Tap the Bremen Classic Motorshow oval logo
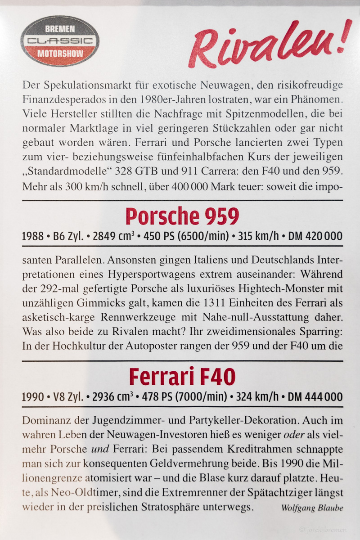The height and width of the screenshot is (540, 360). [60, 41]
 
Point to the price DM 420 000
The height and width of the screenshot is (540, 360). [315, 236]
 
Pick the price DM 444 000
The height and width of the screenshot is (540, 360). [315, 397]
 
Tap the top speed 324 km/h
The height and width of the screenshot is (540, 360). [259, 397]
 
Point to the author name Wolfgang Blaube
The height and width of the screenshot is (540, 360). [312, 508]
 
